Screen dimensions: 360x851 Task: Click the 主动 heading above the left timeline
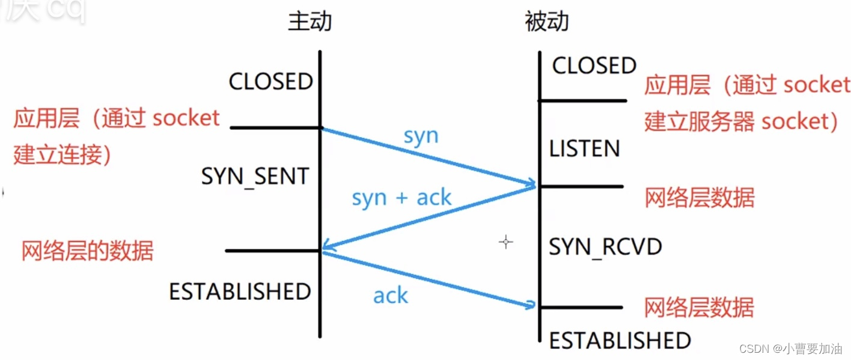click(310, 22)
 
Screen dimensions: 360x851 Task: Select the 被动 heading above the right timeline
click(546, 22)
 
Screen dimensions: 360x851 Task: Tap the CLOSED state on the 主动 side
click(270, 82)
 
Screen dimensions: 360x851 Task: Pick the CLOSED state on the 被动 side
click(594, 66)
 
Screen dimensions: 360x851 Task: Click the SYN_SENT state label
click(255, 176)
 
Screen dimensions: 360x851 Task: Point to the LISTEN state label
click(584, 148)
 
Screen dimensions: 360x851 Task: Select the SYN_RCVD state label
click(605, 247)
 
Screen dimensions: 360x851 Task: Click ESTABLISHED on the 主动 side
click(240, 291)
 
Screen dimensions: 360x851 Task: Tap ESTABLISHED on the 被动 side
click(620, 341)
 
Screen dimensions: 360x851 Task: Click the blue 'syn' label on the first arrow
click(421, 136)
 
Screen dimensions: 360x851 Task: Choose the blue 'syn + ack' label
click(401, 197)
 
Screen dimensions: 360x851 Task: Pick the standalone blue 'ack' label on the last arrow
click(390, 295)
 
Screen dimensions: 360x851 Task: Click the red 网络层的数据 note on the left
click(87, 251)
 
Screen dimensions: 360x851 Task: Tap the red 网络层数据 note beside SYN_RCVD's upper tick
click(699, 198)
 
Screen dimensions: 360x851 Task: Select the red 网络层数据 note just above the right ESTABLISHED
click(698, 308)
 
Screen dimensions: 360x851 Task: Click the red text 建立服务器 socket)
click(741, 122)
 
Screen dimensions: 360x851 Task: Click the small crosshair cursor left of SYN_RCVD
click(506, 242)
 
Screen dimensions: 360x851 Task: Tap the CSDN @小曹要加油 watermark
click(790, 349)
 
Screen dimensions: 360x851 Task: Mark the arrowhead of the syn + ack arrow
click(325, 246)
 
